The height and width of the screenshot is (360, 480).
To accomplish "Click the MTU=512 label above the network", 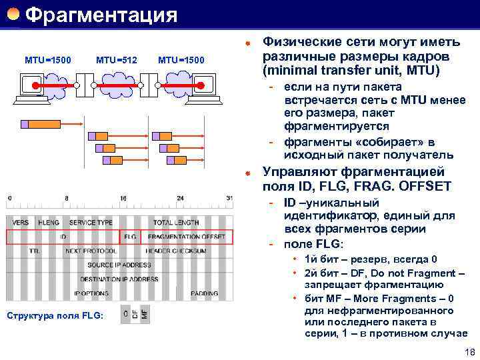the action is coord(117,61).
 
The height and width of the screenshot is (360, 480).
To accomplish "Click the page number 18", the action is coord(468,352).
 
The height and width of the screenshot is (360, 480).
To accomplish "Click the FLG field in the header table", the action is coord(129,237).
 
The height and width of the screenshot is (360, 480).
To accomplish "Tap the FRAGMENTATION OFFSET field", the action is coord(186,237).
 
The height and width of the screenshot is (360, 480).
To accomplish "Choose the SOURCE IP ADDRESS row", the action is coord(119,265).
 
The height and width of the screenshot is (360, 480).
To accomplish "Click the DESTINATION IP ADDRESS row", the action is coord(119,279).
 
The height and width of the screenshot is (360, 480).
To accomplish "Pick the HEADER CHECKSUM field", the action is coord(176,251).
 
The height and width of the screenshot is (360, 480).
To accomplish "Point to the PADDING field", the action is coord(204,293).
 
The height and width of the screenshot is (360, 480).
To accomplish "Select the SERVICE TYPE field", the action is coord(91,223).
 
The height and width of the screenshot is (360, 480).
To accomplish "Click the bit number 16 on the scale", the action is coord(123,199).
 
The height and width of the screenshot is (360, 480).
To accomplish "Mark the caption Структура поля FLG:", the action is coord(55,315).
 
